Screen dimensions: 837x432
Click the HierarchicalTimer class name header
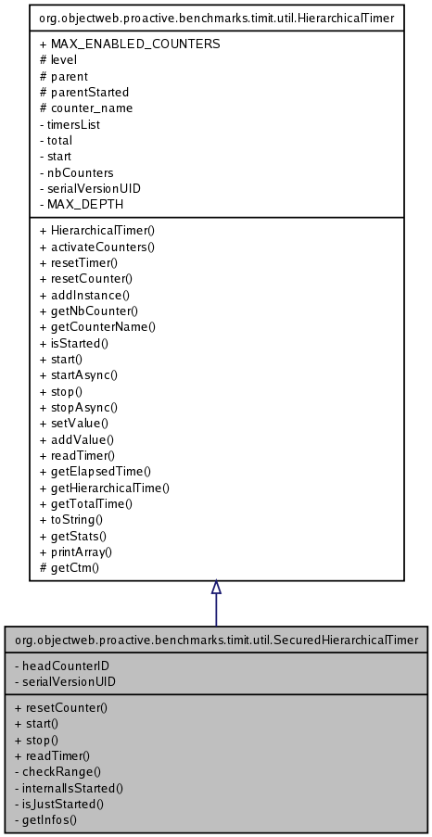[x=216, y=16]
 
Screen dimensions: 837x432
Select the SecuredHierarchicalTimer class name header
[x=216, y=639]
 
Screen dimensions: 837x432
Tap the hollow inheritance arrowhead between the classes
[x=216, y=588]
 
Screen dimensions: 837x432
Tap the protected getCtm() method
[x=70, y=566]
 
